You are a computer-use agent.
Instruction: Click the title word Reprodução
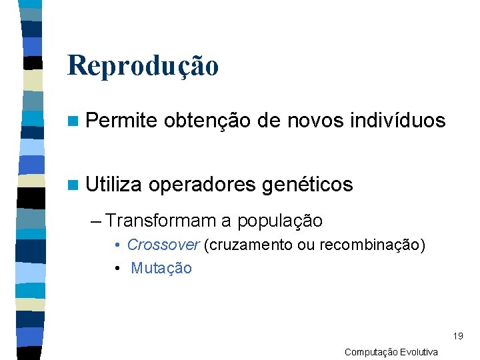(143, 65)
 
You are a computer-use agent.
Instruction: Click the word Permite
(121, 121)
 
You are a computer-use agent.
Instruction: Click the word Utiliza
(114, 185)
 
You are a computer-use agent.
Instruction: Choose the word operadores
(201, 185)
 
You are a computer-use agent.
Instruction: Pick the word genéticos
(307, 185)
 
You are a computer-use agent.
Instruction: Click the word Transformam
(161, 221)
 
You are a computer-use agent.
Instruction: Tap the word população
(280, 221)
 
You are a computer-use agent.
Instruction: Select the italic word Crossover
(163, 245)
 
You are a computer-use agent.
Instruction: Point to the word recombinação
(371, 245)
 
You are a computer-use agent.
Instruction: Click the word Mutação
(161, 268)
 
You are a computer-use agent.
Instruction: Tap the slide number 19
(457, 336)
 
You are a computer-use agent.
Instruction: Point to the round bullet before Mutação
(117, 269)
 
